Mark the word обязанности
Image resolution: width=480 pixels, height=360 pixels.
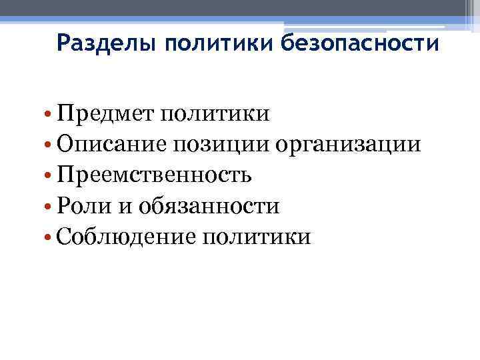click(x=209, y=206)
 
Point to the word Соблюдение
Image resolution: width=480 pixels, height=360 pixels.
click(x=123, y=237)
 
